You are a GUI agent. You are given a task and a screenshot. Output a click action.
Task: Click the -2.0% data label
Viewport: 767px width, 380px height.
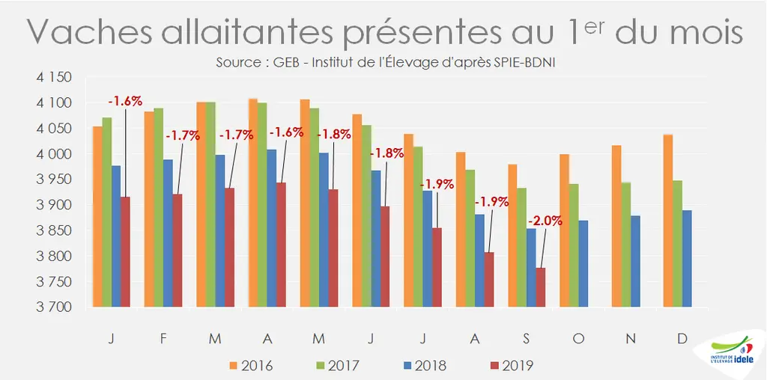tap(545, 220)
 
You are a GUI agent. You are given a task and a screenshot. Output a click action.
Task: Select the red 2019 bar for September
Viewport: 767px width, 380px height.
tap(541, 287)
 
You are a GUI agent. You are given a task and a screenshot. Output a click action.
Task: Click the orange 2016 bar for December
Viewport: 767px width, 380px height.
tap(668, 221)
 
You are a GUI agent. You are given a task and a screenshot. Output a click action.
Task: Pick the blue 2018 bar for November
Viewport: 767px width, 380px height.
tap(635, 261)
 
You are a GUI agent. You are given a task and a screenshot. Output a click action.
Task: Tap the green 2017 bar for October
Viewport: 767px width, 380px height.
tap(574, 245)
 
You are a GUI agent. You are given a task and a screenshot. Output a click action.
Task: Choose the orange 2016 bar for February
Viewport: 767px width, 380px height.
tap(149, 209)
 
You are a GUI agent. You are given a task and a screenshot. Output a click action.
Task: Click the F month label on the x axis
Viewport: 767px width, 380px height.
tap(163, 339)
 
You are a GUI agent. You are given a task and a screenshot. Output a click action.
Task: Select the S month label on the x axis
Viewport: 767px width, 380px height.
tap(526, 339)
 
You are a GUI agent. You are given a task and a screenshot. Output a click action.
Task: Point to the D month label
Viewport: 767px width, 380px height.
tap(682, 339)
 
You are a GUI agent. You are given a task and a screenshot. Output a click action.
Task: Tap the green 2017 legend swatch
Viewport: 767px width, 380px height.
tap(321, 365)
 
